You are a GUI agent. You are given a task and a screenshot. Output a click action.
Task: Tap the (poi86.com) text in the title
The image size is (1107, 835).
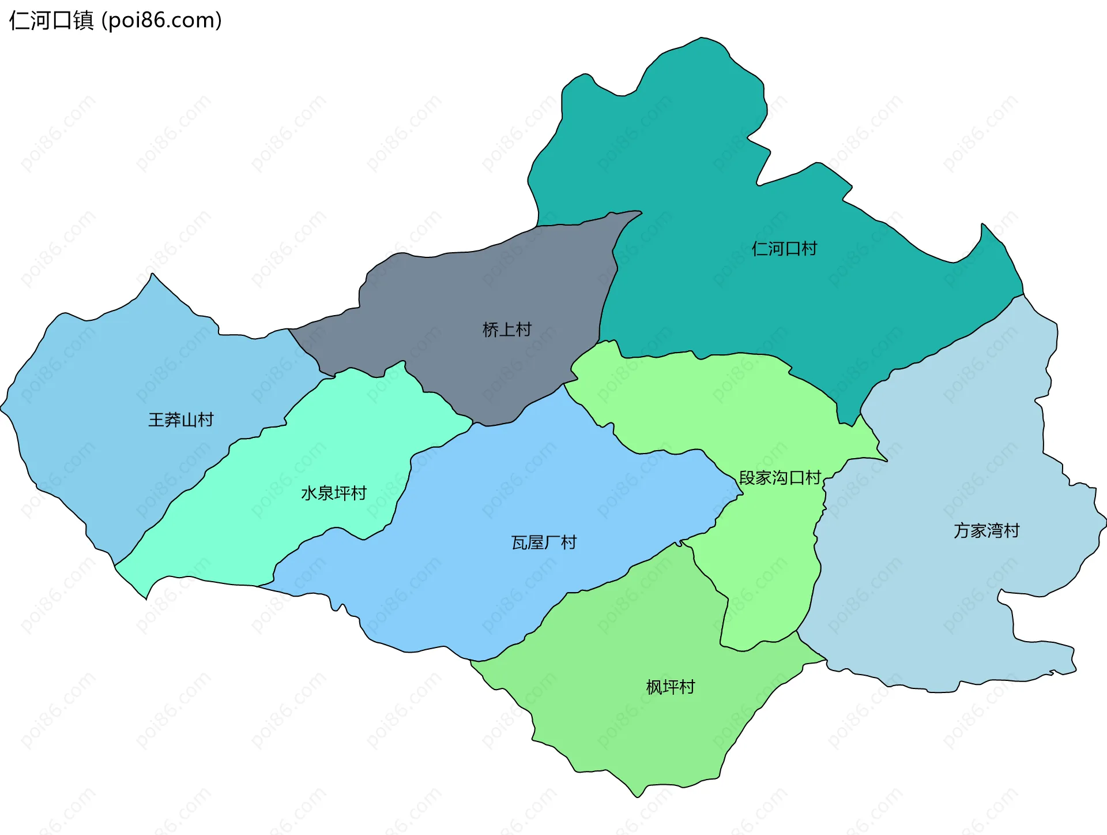coord(161,21)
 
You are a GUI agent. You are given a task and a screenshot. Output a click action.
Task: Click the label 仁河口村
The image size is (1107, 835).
coord(784,249)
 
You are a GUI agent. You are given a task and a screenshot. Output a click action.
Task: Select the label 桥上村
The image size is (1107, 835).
coord(507,329)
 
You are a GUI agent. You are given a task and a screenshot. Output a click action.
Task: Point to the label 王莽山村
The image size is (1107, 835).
coord(181,420)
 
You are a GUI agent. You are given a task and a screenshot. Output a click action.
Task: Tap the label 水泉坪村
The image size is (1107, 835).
coord(334,493)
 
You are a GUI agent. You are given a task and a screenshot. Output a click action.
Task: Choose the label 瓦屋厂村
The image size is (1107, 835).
coord(544,542)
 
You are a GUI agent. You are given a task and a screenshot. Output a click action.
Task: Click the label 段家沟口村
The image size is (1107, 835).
coord(780,478)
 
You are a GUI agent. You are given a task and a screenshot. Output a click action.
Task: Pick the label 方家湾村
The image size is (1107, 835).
coord(986,530)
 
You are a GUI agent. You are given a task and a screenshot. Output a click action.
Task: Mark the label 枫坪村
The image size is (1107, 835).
coord(671,687)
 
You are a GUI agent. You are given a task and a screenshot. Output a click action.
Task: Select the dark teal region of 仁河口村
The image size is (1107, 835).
coord(721,173)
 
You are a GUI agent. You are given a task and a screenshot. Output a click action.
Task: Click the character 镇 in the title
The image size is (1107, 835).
coord(84,21)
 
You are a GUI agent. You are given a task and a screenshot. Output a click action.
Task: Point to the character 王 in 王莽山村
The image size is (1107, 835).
coord(156,420)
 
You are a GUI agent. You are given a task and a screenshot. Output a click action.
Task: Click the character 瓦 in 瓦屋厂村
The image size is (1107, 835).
coord(519,542)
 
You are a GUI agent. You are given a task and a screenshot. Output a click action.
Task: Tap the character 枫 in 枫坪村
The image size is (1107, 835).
coord(654,687)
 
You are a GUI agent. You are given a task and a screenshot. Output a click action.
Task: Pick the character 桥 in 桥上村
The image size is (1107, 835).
coord(491,329)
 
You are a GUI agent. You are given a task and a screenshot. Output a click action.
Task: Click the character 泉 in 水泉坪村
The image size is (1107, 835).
coord(326,493)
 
